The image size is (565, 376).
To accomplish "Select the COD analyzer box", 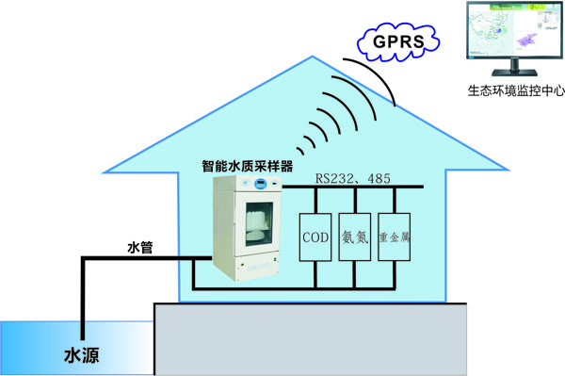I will (x=315, y=238).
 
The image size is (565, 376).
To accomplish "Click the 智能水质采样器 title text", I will (x=254, y=165).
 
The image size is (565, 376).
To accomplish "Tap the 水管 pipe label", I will (x=139, y=248).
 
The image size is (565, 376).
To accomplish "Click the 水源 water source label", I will (x=81, y=355).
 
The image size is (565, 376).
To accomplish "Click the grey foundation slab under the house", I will (x=311, y=339).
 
